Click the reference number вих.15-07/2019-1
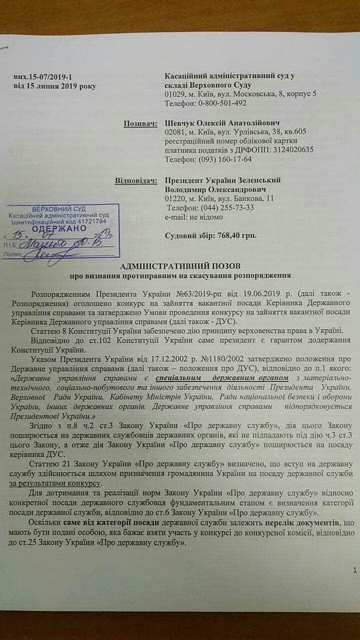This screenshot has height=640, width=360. point(43,76)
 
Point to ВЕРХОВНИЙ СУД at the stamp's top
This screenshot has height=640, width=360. point(58,208)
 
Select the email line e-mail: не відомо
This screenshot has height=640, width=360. point(193,217)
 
